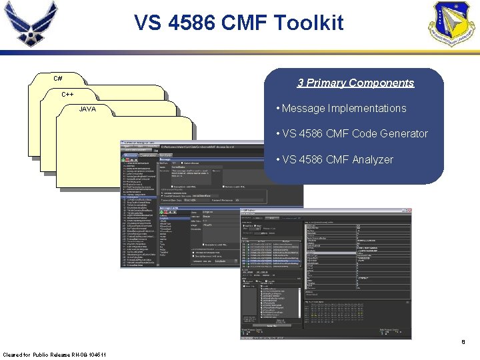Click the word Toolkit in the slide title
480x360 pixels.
point(307,23)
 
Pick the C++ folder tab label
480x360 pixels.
point(67,94)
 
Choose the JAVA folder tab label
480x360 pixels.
point(87,109)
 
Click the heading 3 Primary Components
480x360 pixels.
point(355,83)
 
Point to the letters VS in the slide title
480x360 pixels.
point(149,23)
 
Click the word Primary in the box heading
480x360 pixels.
point(326,83)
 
